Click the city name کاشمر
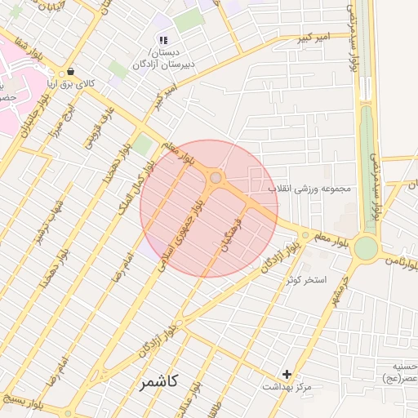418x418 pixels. point(158,381)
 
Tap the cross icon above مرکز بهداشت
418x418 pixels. point(287,374)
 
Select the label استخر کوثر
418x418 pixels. point(306,280)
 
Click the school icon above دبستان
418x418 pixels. point(163,39)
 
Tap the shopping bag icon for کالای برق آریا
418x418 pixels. point(71,70)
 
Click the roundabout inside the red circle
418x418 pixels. point(216,177)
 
